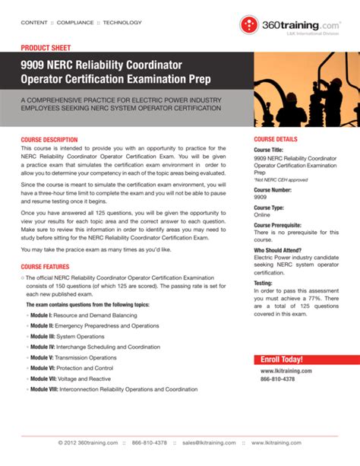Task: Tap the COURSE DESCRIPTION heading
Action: (x=49, y=140)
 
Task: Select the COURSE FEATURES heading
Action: (x=45, y=267)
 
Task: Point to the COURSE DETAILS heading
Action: (x=276, y=140)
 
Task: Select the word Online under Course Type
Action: (x=263, y=215)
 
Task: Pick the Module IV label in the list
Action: (x=43, y=346)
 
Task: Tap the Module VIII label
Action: (x=45, y=388)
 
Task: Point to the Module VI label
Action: (x=43, y=367)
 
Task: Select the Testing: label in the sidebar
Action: (x=264, y=282)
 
